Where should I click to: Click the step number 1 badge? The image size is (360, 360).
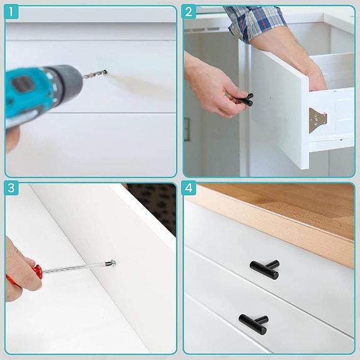coord(13,12)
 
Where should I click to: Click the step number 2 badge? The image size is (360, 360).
coord(190,12)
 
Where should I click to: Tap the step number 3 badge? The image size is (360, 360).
coord(13,188)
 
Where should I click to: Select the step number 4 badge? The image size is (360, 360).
coord(190,188)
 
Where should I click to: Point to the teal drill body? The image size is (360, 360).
coord(38,88)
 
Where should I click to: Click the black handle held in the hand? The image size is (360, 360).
coord(245,99)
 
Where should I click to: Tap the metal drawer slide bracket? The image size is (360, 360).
coord(317,119)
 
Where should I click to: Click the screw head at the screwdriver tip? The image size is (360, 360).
coord(112,262)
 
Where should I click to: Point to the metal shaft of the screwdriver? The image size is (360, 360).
coord(75,267)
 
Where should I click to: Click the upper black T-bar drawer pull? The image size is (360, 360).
coord(264,268)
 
